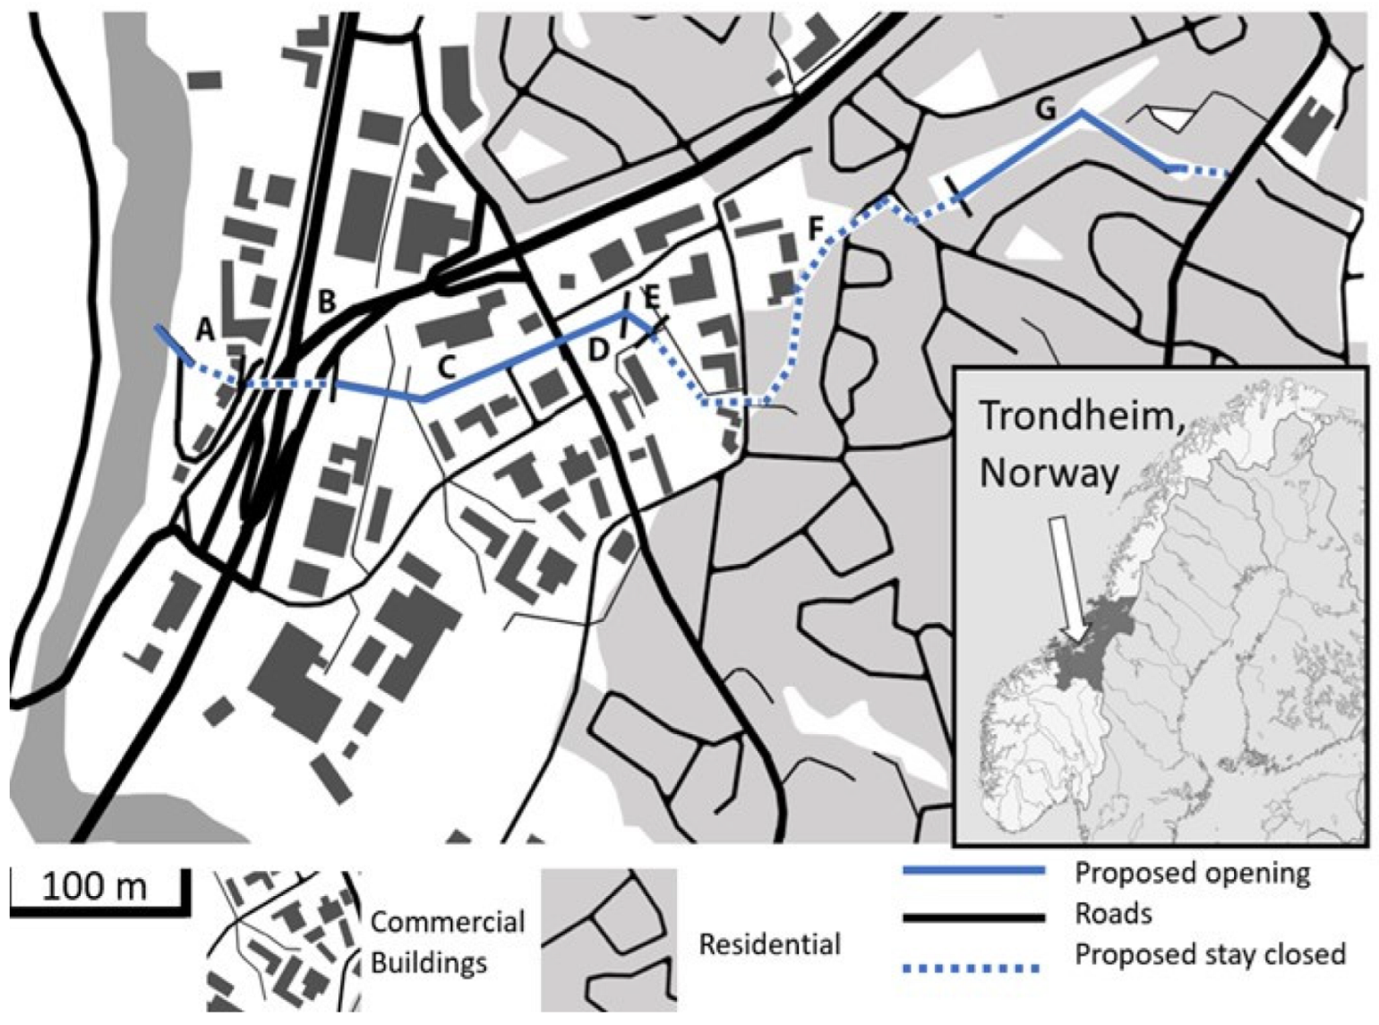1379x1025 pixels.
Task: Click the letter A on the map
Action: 206,330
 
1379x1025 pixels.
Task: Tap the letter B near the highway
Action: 327,302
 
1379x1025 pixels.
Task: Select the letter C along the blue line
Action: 447,366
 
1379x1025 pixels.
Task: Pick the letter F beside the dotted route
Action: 816,229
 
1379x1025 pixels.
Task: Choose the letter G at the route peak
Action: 1045,109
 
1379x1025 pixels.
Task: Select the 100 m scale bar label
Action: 94,886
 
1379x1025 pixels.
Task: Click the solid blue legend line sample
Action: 973,870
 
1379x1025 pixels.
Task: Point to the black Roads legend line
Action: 973,916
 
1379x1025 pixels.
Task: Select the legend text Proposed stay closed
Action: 1210,954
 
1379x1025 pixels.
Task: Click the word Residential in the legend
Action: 769,944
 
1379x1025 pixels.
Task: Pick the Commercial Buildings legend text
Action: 447,942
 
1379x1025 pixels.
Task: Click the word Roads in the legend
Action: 1113,914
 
